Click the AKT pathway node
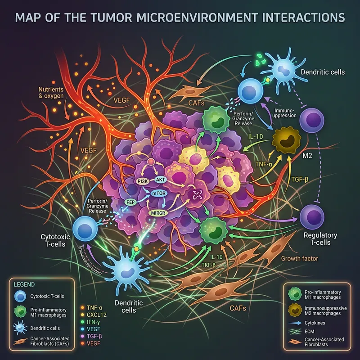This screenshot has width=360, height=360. pos(160,179)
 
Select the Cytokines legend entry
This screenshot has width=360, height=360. pos(318,323)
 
